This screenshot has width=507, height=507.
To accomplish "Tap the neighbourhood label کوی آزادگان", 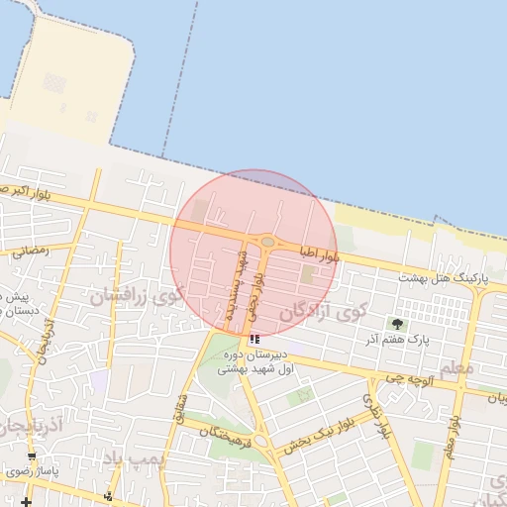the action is (x=323, y=312).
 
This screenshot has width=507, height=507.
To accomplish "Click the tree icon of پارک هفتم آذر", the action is (x=398, y=324).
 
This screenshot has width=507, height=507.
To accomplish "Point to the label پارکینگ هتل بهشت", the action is (x=438, y=277).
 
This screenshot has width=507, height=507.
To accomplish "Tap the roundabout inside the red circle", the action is (x=267, y=241).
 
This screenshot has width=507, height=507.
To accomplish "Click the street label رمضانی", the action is (x=30, y=251).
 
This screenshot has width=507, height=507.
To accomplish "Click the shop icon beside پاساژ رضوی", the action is (x=32, y=456).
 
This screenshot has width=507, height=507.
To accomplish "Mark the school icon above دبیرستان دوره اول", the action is (x=256, y=339).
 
